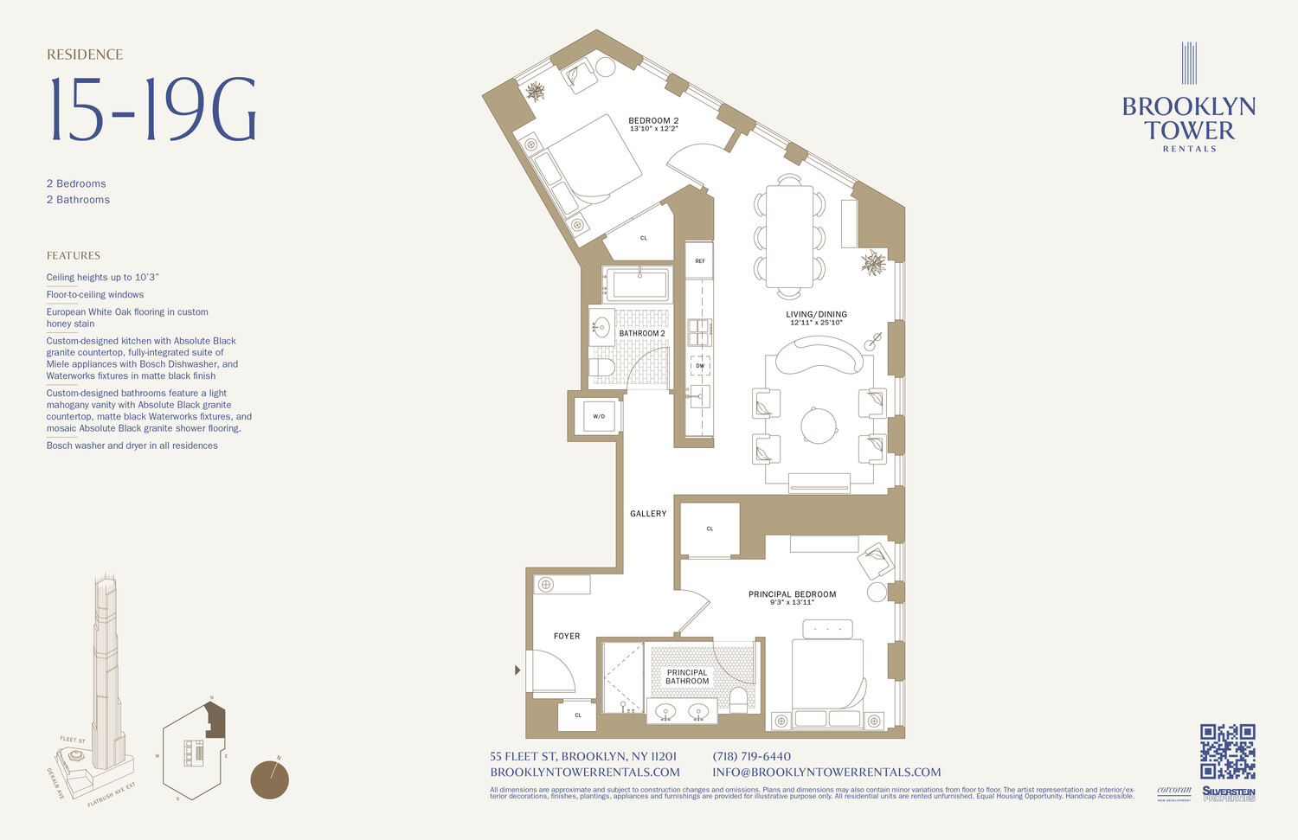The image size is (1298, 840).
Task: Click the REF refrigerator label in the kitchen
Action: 699,260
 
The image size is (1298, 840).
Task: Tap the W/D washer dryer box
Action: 599,416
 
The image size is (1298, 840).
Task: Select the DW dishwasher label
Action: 700,366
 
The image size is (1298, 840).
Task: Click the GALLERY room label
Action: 648,514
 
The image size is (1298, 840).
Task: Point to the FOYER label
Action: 567,636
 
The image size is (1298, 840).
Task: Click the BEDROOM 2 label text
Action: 653,121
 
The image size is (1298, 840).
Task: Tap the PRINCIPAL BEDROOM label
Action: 792,594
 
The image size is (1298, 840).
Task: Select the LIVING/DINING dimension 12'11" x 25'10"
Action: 816,323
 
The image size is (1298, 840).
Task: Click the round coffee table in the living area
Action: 819,426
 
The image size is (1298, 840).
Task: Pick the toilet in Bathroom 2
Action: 602,368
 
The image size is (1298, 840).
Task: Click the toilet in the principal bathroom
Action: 738,699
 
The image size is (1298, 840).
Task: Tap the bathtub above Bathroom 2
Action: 638,284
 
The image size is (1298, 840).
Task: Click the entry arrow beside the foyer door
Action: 517,670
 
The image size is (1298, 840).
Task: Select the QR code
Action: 1227,751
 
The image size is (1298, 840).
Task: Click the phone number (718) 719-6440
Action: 751,756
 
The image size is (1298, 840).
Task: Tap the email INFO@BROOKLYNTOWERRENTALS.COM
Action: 826,772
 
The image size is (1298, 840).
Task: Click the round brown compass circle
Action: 269,779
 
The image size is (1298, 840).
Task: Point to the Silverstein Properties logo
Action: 1228,793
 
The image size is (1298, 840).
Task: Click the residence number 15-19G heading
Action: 152,111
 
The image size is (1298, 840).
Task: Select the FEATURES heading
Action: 74,255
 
